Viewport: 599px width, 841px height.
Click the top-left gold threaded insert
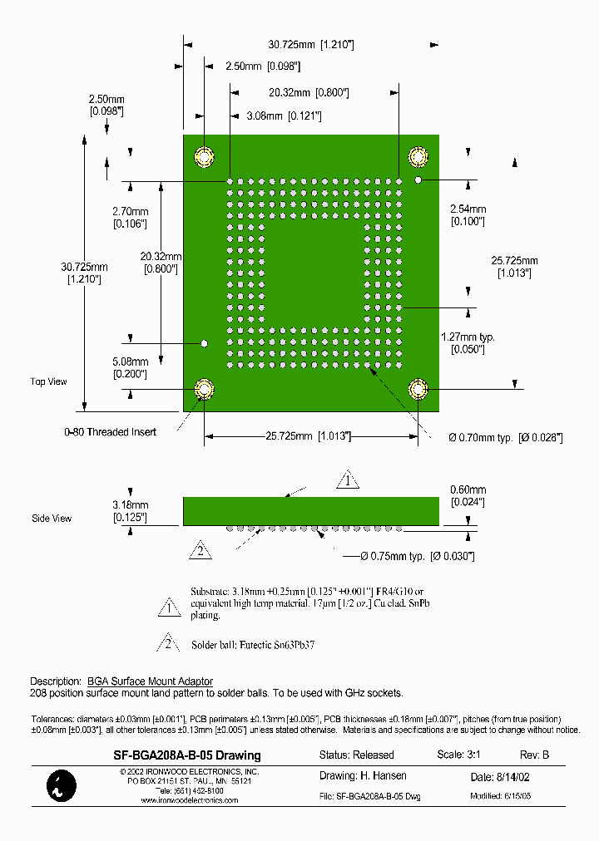204,156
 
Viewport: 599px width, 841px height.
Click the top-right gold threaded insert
418,156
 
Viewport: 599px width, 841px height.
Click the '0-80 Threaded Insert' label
110,432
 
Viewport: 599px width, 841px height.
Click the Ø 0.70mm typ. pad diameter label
506,437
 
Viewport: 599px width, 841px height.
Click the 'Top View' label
48,381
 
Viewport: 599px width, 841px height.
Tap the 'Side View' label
52,518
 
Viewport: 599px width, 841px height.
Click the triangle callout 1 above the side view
348,480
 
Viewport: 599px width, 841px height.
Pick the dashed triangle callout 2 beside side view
200,549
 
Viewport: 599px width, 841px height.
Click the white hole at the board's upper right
418,179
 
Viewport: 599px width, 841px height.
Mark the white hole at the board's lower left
203,342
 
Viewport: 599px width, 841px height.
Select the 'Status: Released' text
357,755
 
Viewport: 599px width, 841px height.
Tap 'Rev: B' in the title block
534,755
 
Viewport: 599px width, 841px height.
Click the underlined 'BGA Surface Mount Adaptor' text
151,681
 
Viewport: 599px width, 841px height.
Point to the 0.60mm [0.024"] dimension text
468,495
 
